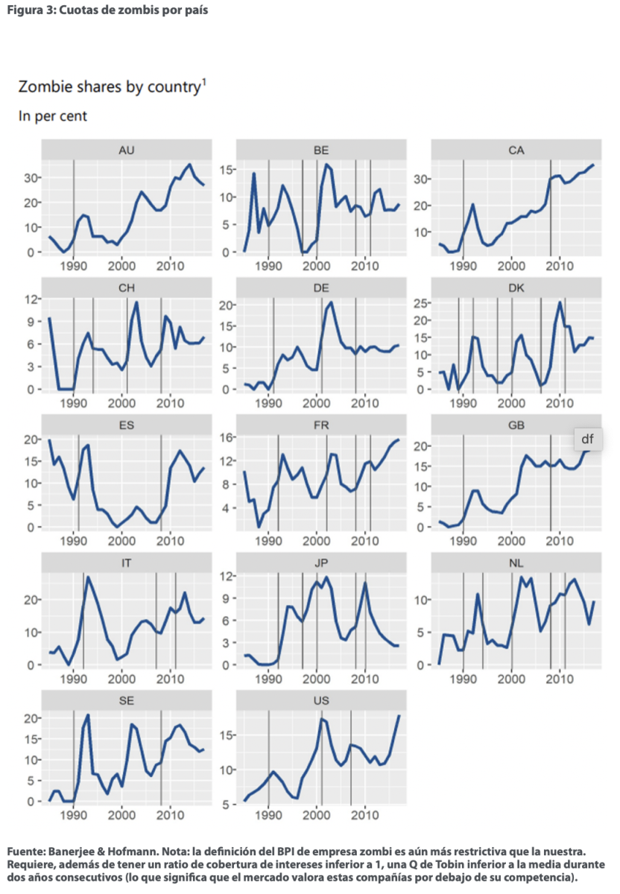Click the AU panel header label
coord(126,149)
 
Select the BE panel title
coord(321,149)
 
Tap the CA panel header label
coord(516,149)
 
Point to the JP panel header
coord(321,563)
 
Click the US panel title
coord(321,701)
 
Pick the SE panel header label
coord(126,701)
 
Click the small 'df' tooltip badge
coord(587,439)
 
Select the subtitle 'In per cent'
coord(53,116)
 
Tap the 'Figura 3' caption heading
coord(104,10)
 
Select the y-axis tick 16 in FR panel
coord(227,437)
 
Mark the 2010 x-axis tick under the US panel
coord(364,816)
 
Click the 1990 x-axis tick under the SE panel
coord(74,816)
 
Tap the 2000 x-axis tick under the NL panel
coord(511,678)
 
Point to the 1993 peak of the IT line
coord(88,577)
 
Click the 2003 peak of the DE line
coord(331,302)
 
